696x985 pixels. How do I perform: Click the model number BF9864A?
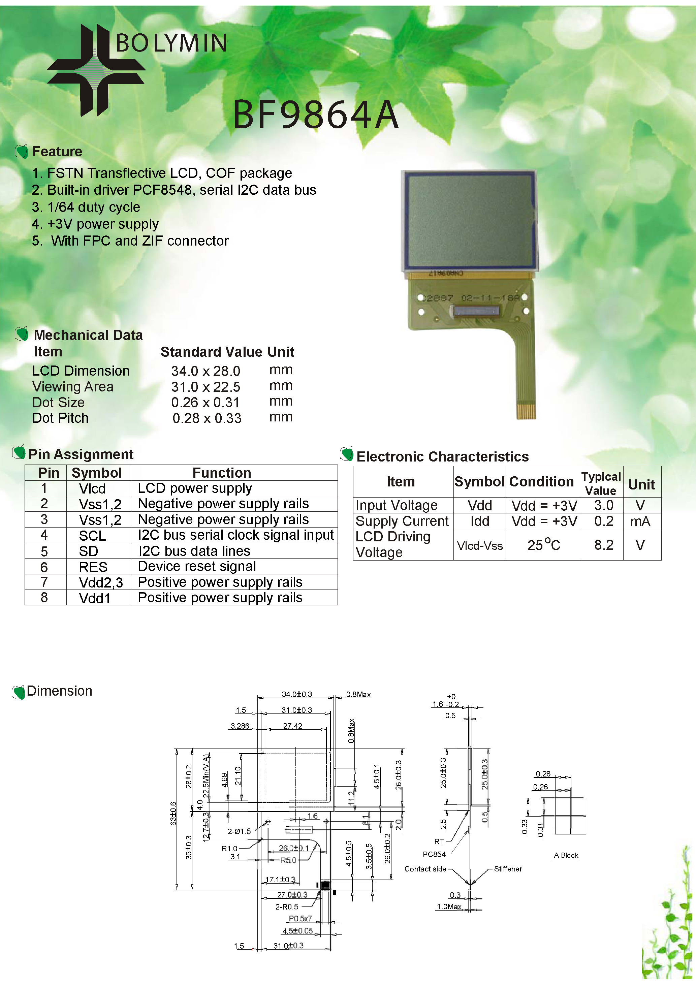[315, 115]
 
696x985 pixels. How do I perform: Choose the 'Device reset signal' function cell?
[197, 567]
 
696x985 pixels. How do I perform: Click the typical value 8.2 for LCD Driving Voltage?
[603, 545]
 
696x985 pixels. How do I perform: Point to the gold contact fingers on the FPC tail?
[526, 411]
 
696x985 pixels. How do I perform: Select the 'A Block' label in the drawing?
[566, 855]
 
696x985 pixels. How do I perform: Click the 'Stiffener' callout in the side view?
[508, 869]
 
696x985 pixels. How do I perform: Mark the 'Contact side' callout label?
[425, 869]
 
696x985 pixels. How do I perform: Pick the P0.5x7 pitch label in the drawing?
[300, 918]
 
